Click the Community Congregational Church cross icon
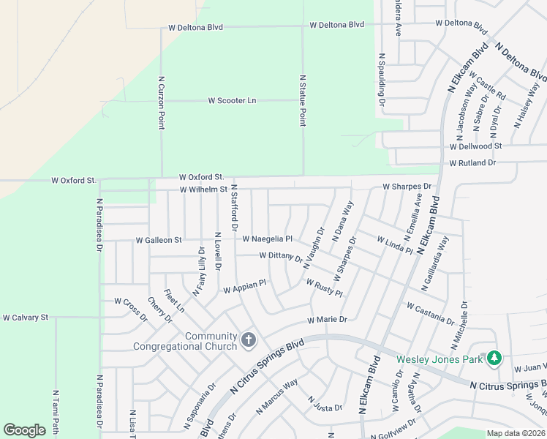coord(249,340)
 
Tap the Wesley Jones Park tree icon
coord(495,358)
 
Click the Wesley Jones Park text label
coord(440,359)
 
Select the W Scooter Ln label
coord(233,100)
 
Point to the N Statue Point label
coord(302,100)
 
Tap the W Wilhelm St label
coord(204,190)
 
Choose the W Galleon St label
coord(159,240)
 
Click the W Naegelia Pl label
coord(268,239)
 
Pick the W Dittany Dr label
coord(281,256)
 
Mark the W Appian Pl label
coord(244,286)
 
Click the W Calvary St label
coord(25,318)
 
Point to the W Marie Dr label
coord(327,320)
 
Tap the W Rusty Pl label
coord(324,288)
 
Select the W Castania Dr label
coord(431,312)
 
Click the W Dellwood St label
coord(475,146)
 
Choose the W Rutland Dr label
coord(472,162)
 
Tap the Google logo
coord(24,430)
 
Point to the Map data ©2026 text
coord(516,433)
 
